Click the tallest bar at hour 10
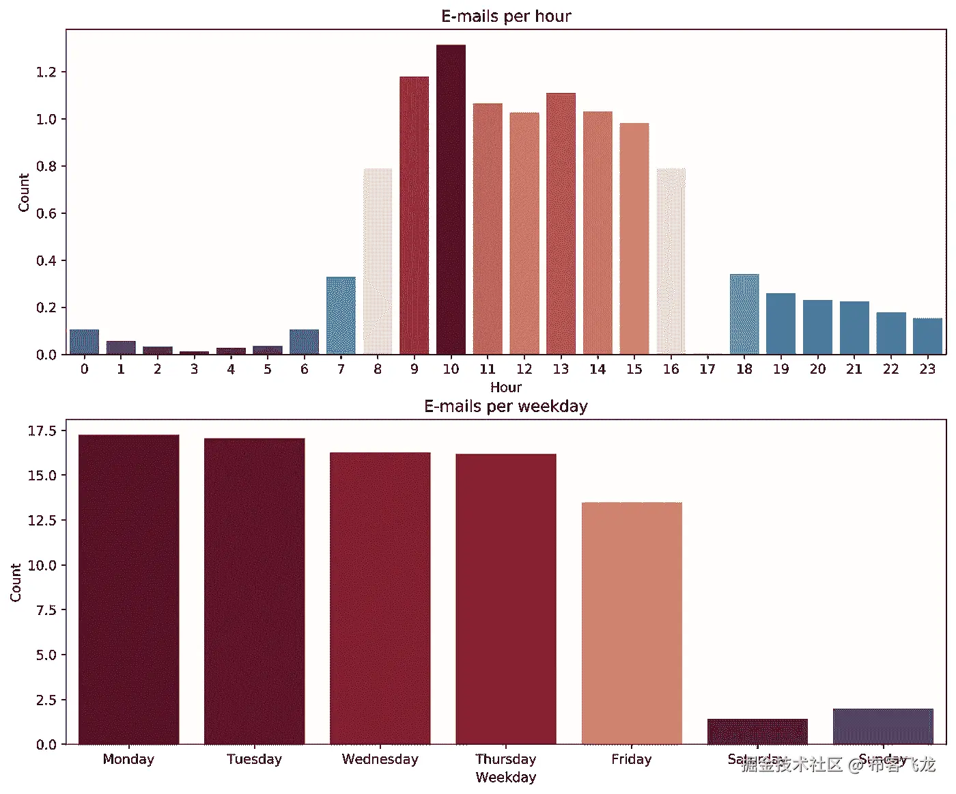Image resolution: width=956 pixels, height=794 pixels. tap(451, 200)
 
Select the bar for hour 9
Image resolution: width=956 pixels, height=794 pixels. tap(414, 215)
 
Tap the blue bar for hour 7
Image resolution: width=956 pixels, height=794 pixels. tap(341, 316)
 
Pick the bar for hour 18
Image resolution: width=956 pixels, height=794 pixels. tap(744, 314)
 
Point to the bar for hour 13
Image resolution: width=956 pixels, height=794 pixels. tap(561, 223)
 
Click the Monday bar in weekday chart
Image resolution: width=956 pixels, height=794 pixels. tap(128, 589)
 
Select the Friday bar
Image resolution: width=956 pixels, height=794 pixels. tap(632, 623)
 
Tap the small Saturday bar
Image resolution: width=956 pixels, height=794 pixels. tap(757, 731)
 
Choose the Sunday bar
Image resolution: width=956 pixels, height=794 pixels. tap(883, 726)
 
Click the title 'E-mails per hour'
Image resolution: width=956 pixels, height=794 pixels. tap(506, 16)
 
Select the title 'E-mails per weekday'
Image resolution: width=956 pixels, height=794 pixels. tap(506, 407)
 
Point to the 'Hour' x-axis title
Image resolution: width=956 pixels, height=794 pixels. tap(506, 387)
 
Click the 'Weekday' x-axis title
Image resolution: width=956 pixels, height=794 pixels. tap(506, 778)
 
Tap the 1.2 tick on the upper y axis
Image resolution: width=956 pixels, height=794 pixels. tap(46, 72)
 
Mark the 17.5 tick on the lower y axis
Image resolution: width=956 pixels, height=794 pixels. tap(42, 430)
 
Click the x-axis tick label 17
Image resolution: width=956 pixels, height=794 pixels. tap(707, 369)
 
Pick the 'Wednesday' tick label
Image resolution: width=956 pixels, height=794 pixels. tap(380, 759)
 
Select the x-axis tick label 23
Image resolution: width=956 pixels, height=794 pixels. tap(927, 369)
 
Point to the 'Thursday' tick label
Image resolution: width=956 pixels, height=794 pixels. tap(506, 759)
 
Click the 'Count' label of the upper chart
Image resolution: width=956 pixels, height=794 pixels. tap(24, 193)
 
